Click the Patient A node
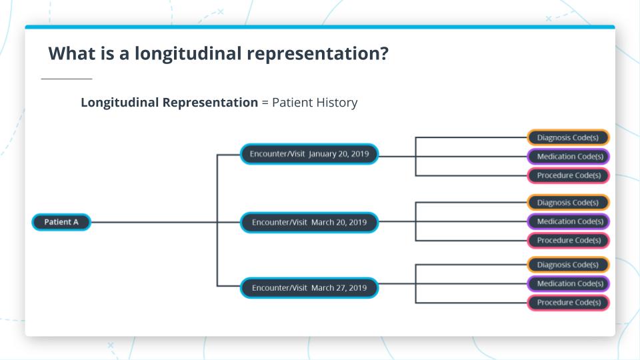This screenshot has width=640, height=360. click(61, 222)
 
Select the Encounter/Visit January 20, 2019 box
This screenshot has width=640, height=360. click(309, 154)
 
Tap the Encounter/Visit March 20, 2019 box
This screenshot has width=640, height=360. click(309, 222)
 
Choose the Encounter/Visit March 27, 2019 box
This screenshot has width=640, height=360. click(309, 288)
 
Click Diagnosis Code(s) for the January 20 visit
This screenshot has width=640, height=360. click(568, 138)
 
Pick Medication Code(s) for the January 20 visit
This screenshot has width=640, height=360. click(568, 157)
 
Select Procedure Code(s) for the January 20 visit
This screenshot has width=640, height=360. click(568, 175)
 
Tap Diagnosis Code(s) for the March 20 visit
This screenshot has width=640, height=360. click(568, 203)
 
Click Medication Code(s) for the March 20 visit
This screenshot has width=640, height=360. click(568, 221)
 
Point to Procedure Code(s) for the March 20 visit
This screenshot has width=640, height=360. click(568, 240)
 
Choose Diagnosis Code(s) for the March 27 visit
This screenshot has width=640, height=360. click(568, 265)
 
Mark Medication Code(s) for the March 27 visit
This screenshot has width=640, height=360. click(568, 283)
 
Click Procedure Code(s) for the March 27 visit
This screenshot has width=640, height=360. click(568, 302)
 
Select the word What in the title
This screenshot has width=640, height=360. click(71, 54)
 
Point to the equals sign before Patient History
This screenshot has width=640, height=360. click(265, 103)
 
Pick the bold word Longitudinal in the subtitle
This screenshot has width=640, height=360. click(121, 103)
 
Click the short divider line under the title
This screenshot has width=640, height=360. click(66, 79)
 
